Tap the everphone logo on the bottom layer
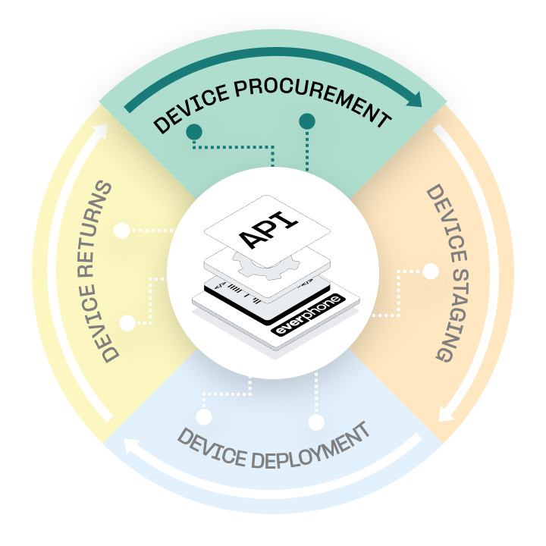307,318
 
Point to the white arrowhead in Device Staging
446,415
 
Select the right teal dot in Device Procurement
307,121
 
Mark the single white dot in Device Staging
431,271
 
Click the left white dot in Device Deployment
203,416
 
